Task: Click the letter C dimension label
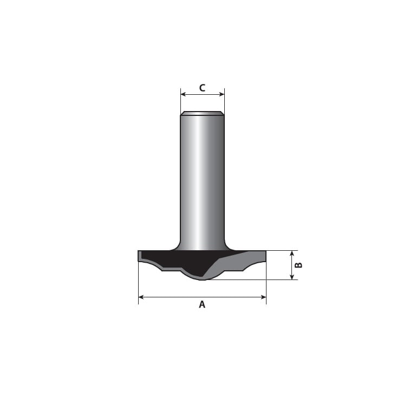coord(202,88)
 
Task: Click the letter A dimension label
coord(202,304)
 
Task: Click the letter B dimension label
coord(299,265)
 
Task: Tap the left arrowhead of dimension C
coord(183,94)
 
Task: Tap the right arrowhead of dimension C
coord(222,94)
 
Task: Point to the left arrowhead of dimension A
coord(141,297)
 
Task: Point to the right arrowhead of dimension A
coord(263,297)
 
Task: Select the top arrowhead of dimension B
coord(292,253)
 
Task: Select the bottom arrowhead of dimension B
coord(292,277)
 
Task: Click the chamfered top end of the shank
coord(203,113)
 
